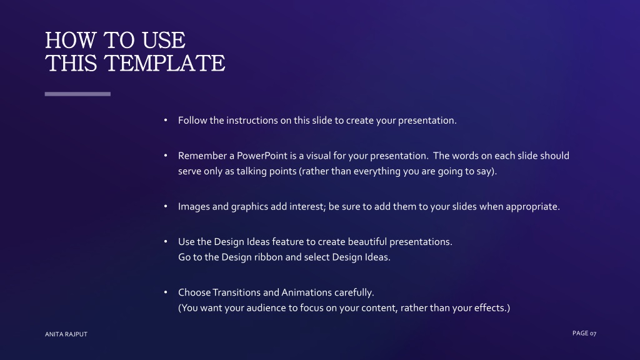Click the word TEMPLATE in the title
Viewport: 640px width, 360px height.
pyautogui.click(x=164, y=63)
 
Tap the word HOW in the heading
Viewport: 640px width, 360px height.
pyautogui.click(x=70, y=41)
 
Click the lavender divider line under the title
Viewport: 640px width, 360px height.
pyautogui.click(x=77, y=94)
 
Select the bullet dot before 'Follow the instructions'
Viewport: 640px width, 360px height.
pyautogui.click(x=165, y=120)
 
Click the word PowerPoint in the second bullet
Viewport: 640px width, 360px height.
pyautogui.click(x=262, y=156)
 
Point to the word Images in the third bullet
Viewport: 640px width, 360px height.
pyautogui.click(x=194, y=206)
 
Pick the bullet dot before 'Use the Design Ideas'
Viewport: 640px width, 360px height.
pyautogui.click(x=165, y=241)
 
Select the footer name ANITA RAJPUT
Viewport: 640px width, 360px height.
pyautogui.click(x=66, y=334)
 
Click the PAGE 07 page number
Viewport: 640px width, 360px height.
pyautogui.click(x=584, y=334)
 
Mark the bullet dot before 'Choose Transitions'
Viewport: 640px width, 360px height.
pyautogui.click(x=165, y=292)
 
